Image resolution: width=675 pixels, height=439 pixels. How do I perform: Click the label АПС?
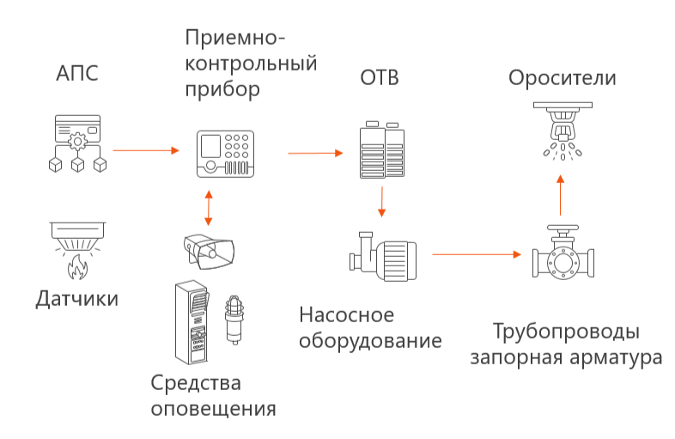(77, 74)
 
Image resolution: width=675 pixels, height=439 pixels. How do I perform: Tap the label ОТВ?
(379, 79)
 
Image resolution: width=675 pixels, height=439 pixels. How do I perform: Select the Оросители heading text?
(562, 78)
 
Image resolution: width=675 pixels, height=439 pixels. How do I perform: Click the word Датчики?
(76, 299)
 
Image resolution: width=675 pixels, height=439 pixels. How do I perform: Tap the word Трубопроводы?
(566, 332)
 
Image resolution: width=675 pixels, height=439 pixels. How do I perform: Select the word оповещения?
(214, 407)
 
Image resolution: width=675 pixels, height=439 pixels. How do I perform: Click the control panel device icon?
(226, 154)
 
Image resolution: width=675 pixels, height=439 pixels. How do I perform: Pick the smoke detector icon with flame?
(77, 249)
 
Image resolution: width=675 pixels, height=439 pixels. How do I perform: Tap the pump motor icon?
(380, 255)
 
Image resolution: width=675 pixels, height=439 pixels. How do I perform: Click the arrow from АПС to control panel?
(146, 151)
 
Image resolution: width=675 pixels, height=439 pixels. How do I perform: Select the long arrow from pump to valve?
(477, 254)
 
